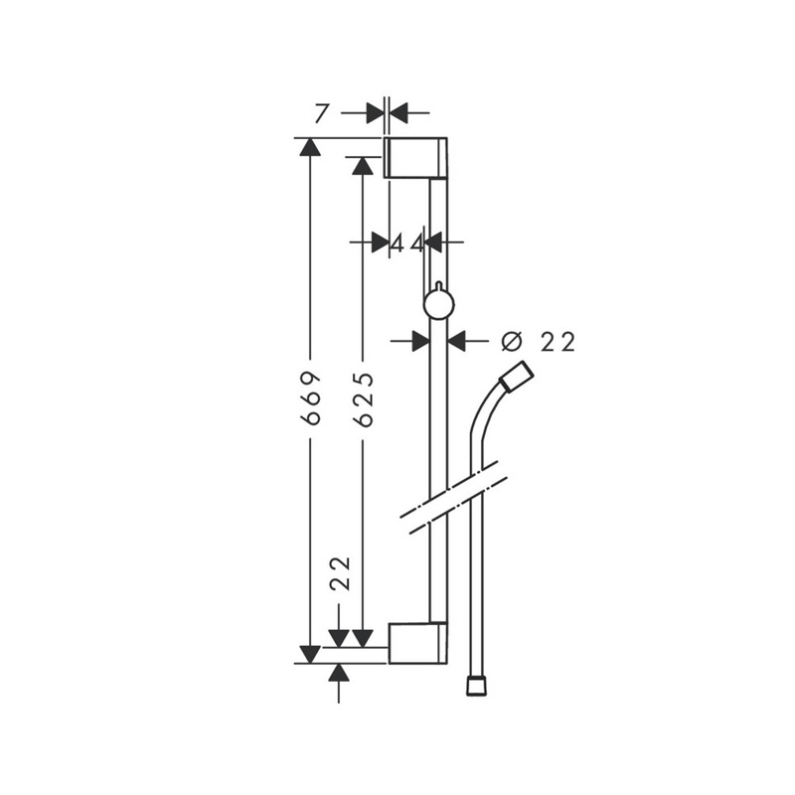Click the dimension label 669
(x=310, y=397)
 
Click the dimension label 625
(x=363, y=398)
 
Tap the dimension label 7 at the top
(x=320, y=113)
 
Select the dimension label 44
(x=407, y=244)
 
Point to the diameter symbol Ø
(x=511, y=341)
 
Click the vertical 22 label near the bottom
(x=340, y=573)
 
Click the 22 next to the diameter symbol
(x=557, y=342)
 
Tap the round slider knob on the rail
(x=439, y=304)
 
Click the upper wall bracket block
(x=415, y=158)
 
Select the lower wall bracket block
(x=417, y=643)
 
